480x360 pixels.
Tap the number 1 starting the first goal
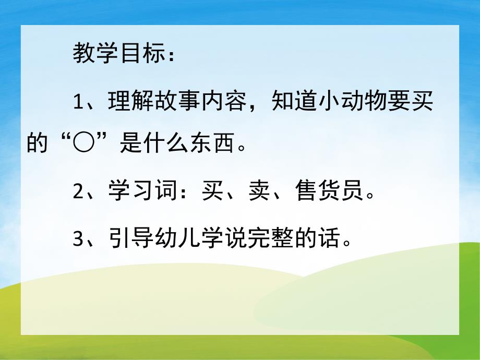[x=78, y=102]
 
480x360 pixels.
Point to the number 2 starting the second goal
[x=78, y=191]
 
